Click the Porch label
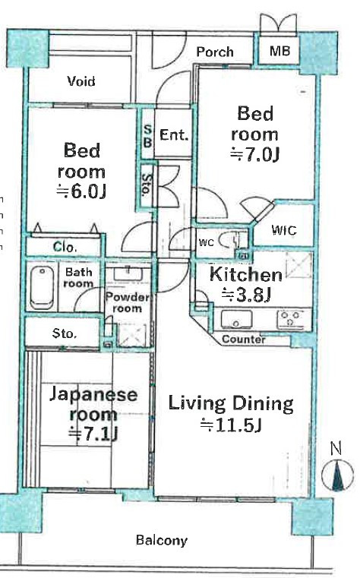[x=215, y=52]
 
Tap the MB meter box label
[x=279, y=50]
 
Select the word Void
[x=81, y=81]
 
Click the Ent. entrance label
[x=174, y=134]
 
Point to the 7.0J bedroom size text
[x=254, y=154]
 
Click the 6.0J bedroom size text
[x=81, y=191]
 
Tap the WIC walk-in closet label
[x=284, y=230]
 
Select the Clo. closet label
[x=65, y=247]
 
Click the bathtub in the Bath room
[x=42, y=288]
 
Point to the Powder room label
[x=127, y=302]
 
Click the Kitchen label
[x=246, y=275]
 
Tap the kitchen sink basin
[x=236, y=319]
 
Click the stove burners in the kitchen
[x=290, y=319]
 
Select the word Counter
[x=244, y=340]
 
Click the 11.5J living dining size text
[x=231, y=425]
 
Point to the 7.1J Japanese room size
[x=93, y=434]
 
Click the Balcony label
[x=161, y=540]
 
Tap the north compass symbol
[x=337, y=475]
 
